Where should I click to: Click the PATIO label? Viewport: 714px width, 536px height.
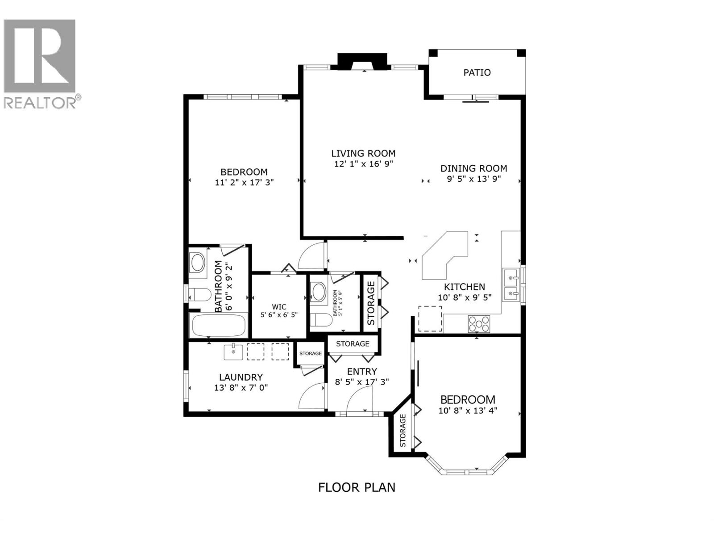[x=477, y=72]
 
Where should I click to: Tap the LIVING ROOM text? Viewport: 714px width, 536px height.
[x=363, y=153]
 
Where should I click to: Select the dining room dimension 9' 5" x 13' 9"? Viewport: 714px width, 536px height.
[x=473, y=179]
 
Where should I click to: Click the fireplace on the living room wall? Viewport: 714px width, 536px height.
[x=362, y=62]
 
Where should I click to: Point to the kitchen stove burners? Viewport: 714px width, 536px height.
[x=479, y=323]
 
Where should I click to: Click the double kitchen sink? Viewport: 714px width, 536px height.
[x=511, y=286]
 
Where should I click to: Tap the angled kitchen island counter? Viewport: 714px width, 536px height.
[x=444, y=259]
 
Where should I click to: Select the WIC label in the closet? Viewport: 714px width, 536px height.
[x=279, y=306]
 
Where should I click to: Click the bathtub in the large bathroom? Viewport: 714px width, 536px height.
[x=219, y=326]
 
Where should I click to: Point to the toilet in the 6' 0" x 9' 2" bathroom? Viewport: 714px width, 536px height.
[x=199, y=294]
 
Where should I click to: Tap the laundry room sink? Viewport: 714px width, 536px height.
[x=233, y=352]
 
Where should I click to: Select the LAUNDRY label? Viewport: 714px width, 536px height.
[x=241, y=377]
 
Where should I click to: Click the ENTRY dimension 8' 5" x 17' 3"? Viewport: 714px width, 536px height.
[x=362, y=382]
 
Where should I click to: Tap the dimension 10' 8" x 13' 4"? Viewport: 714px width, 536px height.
[x=468, y=410]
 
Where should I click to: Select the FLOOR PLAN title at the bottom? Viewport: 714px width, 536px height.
[x=357, y=487]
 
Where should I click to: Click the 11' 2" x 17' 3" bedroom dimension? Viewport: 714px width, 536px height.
[x=244, y=182]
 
